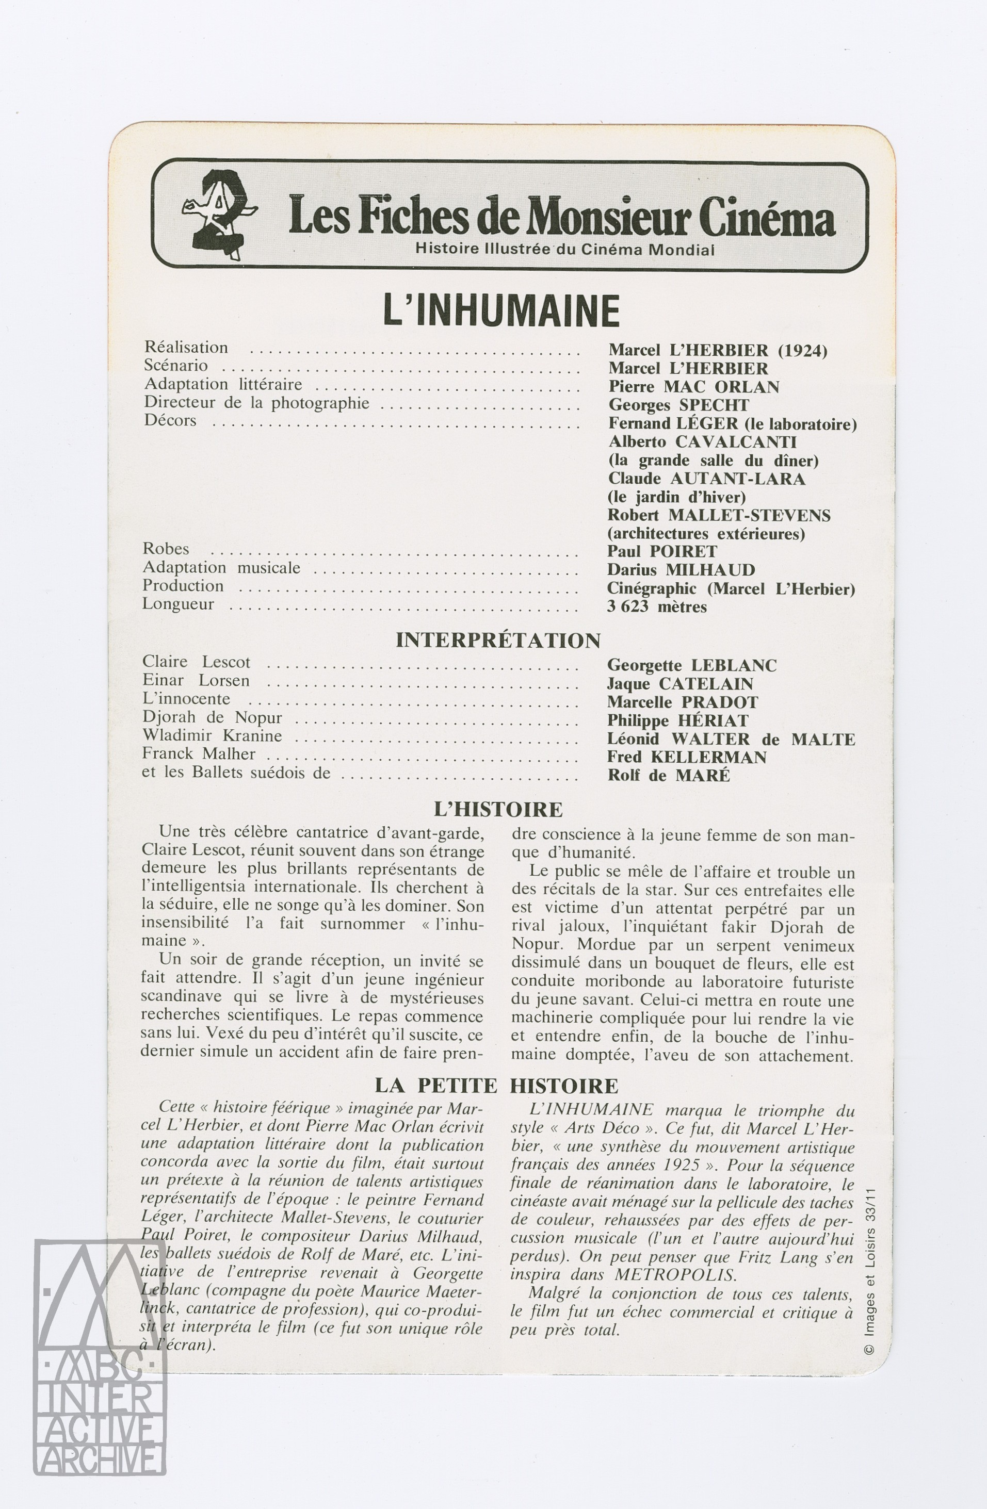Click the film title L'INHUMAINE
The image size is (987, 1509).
[x=501, y=310]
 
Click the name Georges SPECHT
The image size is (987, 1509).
[x=678, y=405]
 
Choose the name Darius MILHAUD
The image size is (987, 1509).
[x=681, y=570]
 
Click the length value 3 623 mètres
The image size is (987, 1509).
[x=656, y=607]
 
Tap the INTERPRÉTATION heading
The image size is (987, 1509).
[x=498, y=641]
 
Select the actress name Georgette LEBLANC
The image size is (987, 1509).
[x=691, y=665]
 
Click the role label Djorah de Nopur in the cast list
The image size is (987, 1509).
[x=212, y=718]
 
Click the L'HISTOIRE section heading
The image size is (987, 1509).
[x=498, y=810]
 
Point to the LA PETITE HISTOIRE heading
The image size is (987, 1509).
[x=496, y=1086]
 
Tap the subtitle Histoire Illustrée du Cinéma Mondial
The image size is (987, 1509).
[x=564, y=249]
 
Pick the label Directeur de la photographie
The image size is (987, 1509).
[x=256, y=403]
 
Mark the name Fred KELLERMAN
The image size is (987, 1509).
[x=687, y=757]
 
